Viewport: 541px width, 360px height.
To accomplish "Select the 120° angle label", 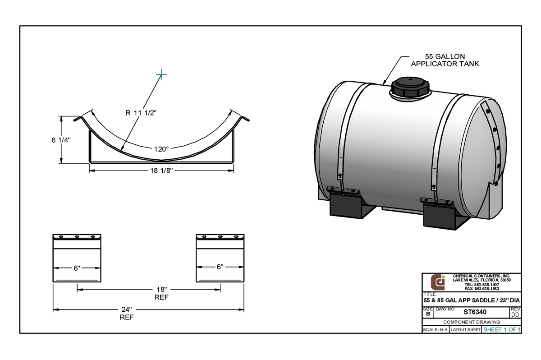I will (x=161, y=148).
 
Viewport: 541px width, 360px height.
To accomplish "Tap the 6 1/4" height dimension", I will (x=61, y=140).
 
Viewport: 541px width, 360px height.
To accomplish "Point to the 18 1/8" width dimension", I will (x=161, y=171).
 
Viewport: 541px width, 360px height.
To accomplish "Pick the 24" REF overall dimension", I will (x=127, y=313).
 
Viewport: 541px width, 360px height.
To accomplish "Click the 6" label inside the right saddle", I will (x=220, y=267).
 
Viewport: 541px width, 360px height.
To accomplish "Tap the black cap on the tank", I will (x=408, y=87).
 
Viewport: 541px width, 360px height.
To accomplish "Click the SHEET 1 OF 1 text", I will (x=501, y=330).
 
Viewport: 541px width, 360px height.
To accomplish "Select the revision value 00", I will (x=515, y=314).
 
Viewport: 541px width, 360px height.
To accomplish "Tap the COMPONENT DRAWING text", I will (x=472, y=322).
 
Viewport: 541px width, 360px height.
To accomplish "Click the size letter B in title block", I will (x=427, y=314).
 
